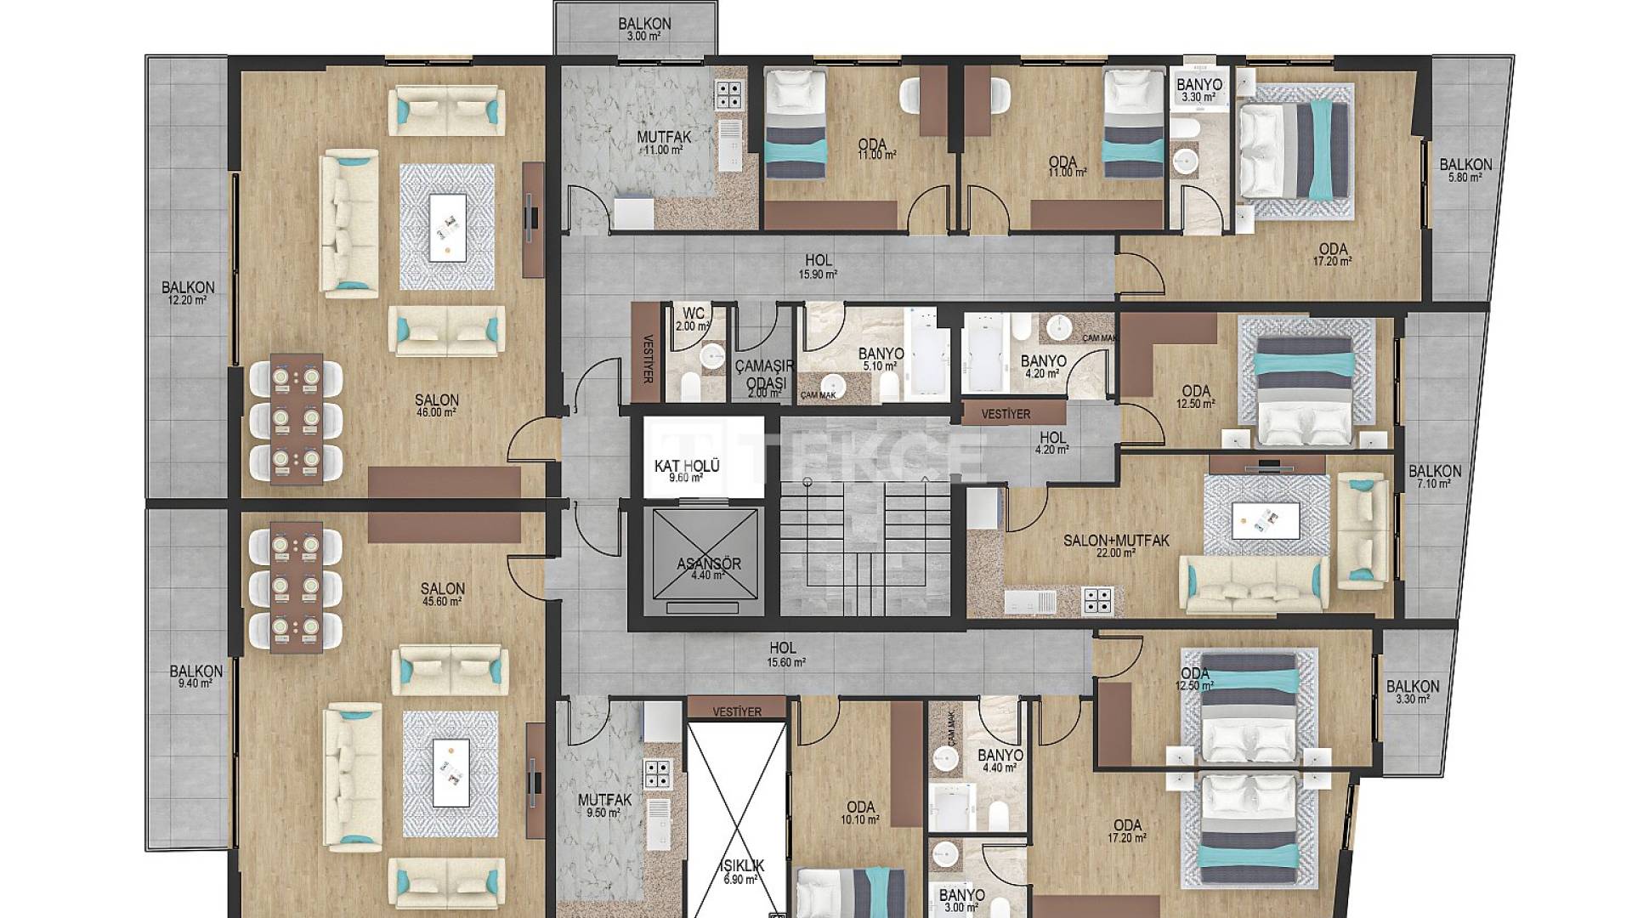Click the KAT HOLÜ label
(687, 470)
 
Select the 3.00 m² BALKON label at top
(644, 29)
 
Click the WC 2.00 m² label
(693, 319)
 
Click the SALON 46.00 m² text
(437, 405)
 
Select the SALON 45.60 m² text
(442, 593)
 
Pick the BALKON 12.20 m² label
(188, 292)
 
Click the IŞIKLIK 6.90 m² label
(741, 871)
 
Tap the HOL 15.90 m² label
(818, 266)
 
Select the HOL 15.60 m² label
(785, 654)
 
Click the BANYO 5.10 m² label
(880, 359)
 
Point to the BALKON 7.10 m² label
(1435, 476)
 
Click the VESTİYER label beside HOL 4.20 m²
(1005, 414)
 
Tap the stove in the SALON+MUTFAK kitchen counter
(1096, 600)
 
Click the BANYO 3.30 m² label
(1198, 89)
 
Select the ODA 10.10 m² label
(860, 813)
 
